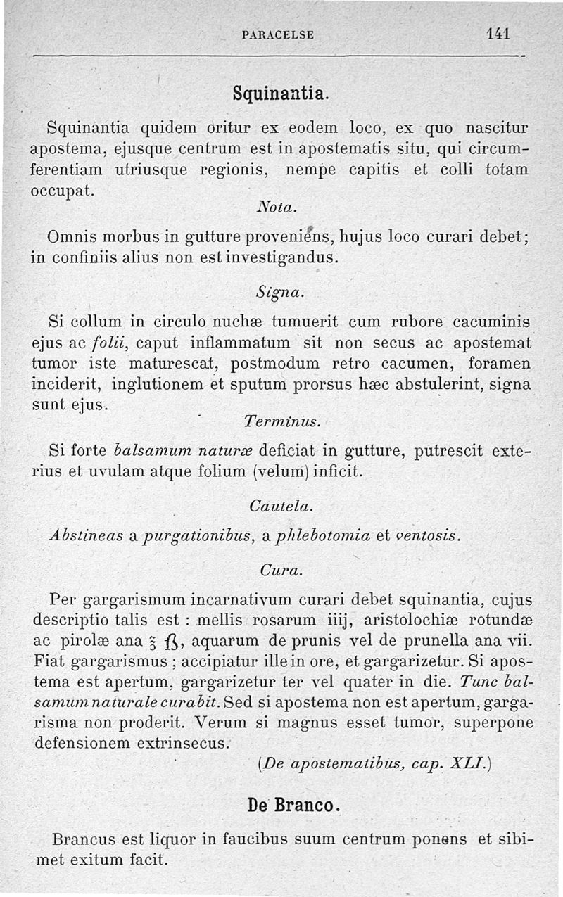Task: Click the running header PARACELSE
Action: [277, 34]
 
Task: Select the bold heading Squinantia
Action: [280, 93]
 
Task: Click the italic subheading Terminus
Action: [281, 422]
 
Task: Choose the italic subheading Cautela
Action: [281, 506]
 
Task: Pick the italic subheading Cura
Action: [280, 571]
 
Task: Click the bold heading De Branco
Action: [293, 804]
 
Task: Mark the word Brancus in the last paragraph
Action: [87, 839]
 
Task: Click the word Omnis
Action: [73, 237]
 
